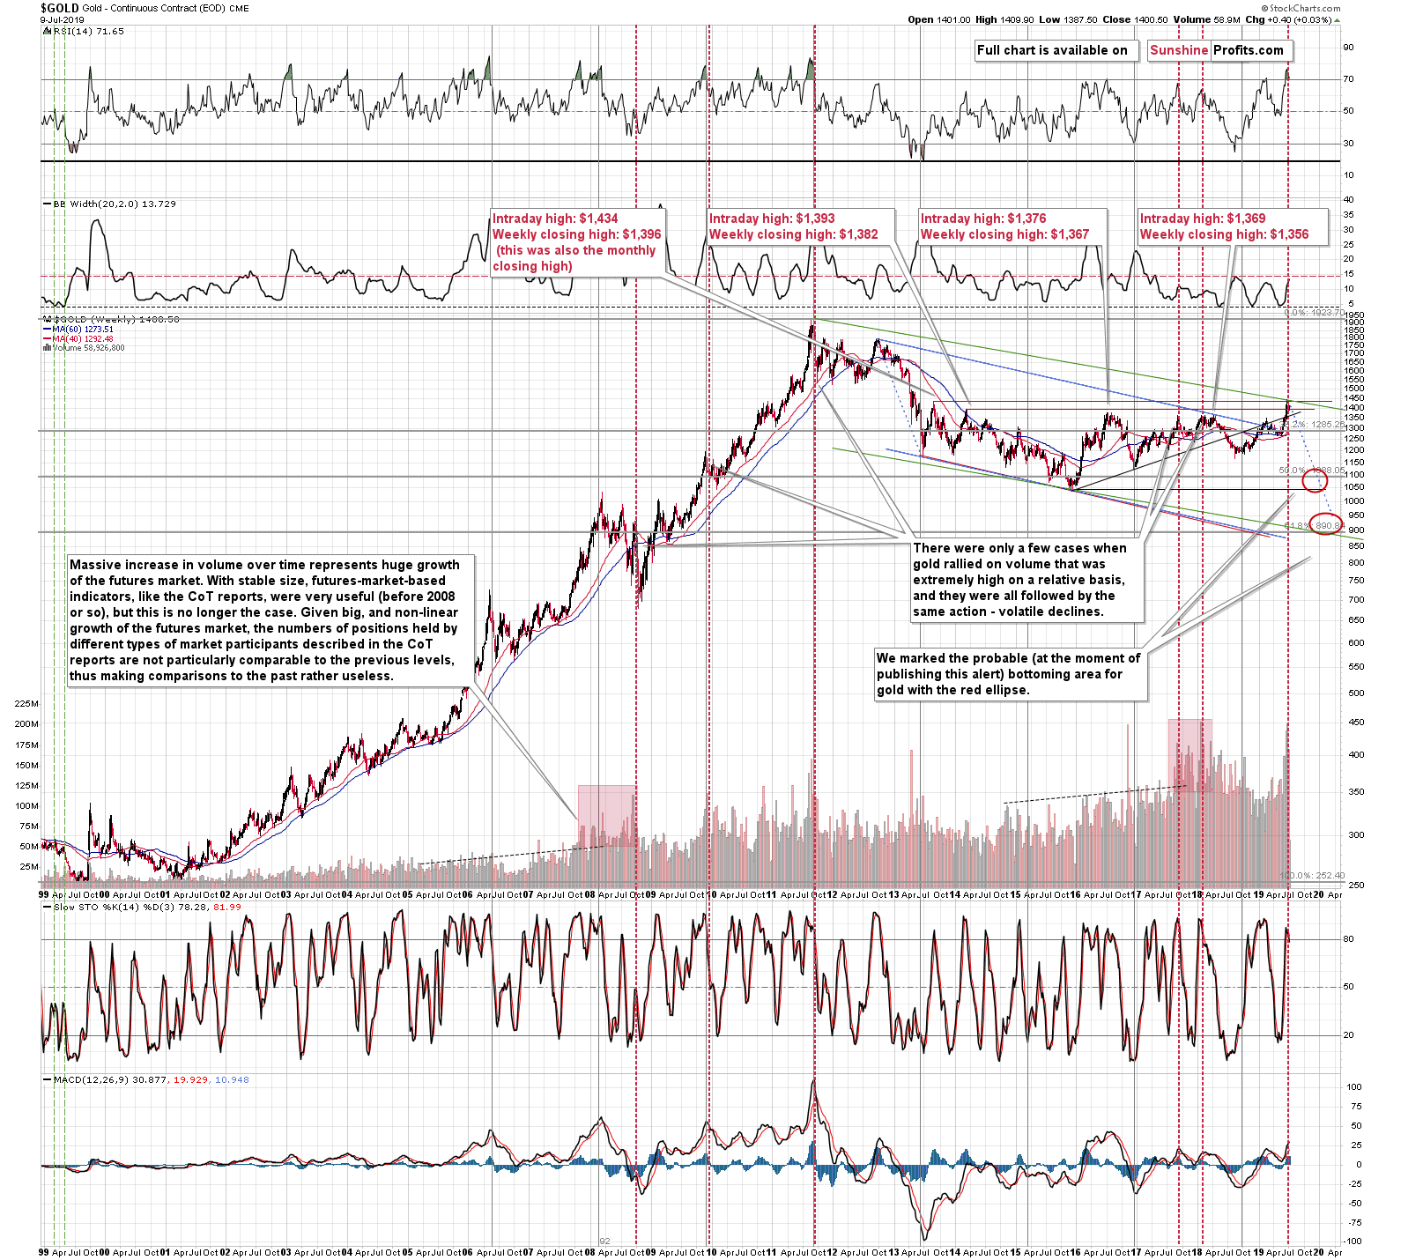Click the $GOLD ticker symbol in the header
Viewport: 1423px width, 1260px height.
(x=59, y=8)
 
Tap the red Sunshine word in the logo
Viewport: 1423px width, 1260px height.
(x=1178, y=50)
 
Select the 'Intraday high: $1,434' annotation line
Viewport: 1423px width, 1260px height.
(x=555, y=219)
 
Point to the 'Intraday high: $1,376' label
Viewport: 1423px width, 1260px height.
(x=982, y=219)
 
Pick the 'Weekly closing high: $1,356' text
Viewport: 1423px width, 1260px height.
(x=1224, y=234)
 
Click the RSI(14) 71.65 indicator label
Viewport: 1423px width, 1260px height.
(x=86, y=31)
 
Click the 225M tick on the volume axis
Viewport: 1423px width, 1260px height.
(x=26, y=704)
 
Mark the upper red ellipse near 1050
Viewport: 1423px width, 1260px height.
(x=1315, y=480)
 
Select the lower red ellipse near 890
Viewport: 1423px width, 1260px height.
(x=1326, y=523)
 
